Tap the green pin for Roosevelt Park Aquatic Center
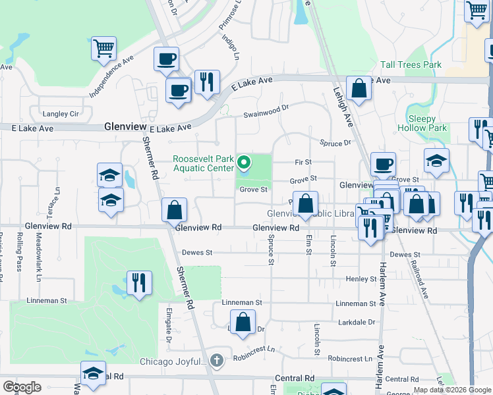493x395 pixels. pyautogui.click(x=244, y=162)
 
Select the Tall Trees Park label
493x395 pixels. pyautogui.click(x=411, y=65)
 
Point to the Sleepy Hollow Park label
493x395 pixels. pyautogui.click(x=422, y=123)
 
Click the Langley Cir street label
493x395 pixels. pyautogui.click(x=60, y=114)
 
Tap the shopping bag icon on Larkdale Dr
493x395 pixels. pyautogui.click(x=243, y=322)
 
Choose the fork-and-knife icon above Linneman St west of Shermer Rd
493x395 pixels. pyautogui.click(x=139, y=282)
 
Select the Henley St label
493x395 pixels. pyautogui.click(x=361, y=279)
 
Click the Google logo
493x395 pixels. pyautogui.click(x=22, y=387)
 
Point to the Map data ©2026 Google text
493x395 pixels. pyautogui.click(x=452, y=390)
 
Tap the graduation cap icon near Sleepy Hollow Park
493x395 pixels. pyautogui.click(x=436, y=161)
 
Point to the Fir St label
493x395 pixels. pyautogui.click(x=303, y=162)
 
